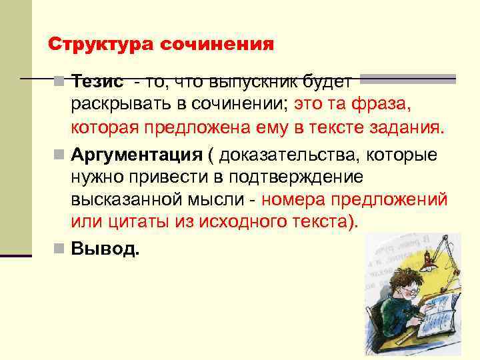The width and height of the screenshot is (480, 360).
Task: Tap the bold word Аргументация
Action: point(136,155)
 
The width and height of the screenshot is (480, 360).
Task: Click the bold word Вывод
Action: point(105,249)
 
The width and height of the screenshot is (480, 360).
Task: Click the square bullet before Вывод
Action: point(59,249)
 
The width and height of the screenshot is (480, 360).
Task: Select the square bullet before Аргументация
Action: point(59,156)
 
